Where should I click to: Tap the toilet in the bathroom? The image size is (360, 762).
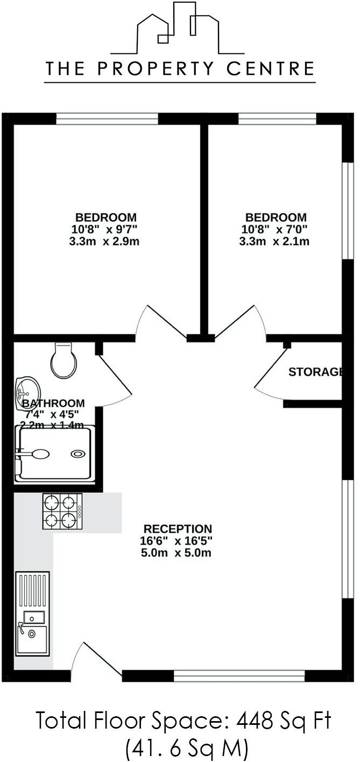click(x=63, y=361)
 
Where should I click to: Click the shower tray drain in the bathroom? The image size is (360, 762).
click(x=78, y=454)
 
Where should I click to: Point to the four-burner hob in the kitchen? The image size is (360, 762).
click(x=62, y=512)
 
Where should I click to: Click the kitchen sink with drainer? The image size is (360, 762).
click(x=33, y=613)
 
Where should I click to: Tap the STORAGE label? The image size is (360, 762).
click(x=315, y=372)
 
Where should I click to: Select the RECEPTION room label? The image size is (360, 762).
click(x=177, y=529)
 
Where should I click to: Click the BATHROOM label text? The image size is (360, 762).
click(x=52, y=403)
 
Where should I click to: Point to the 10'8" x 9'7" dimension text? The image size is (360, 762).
click(x=105, y=229)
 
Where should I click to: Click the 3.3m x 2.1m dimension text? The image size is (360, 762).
click(x=274, y=241)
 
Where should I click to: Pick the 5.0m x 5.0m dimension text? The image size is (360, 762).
click(x=175, y=553)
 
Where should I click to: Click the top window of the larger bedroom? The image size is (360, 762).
click(x=107, y=119)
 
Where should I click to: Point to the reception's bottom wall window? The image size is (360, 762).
click(x=239, y=675)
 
